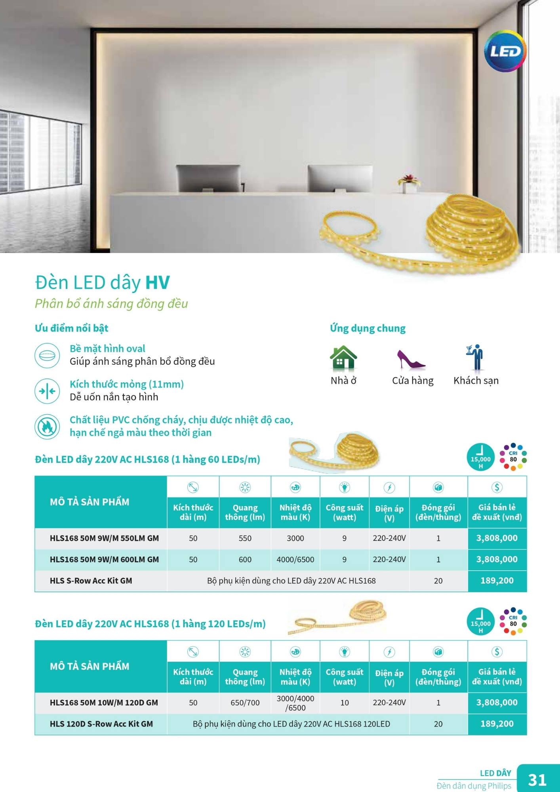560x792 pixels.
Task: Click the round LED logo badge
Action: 505,51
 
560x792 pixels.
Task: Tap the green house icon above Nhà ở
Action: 343,358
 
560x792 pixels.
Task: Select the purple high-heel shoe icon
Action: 411,359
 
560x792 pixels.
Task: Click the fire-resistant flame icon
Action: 47,426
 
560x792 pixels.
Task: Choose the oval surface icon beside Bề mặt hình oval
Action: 47,355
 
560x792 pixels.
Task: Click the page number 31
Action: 537,780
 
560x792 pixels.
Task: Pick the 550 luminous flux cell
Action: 245,538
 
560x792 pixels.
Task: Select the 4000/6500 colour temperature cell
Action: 295,560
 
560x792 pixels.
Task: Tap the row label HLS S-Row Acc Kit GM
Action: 91,581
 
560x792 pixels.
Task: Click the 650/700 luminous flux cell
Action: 245,703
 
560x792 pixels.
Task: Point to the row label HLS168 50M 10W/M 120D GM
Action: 104,703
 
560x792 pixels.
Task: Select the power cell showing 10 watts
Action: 344,703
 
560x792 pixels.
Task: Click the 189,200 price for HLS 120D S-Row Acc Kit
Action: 497,724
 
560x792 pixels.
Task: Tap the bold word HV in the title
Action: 157,283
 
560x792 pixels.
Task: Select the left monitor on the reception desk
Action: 208,178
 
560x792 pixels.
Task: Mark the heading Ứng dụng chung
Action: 368,328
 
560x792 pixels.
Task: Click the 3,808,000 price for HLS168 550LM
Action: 497,538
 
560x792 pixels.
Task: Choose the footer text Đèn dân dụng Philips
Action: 474,786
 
